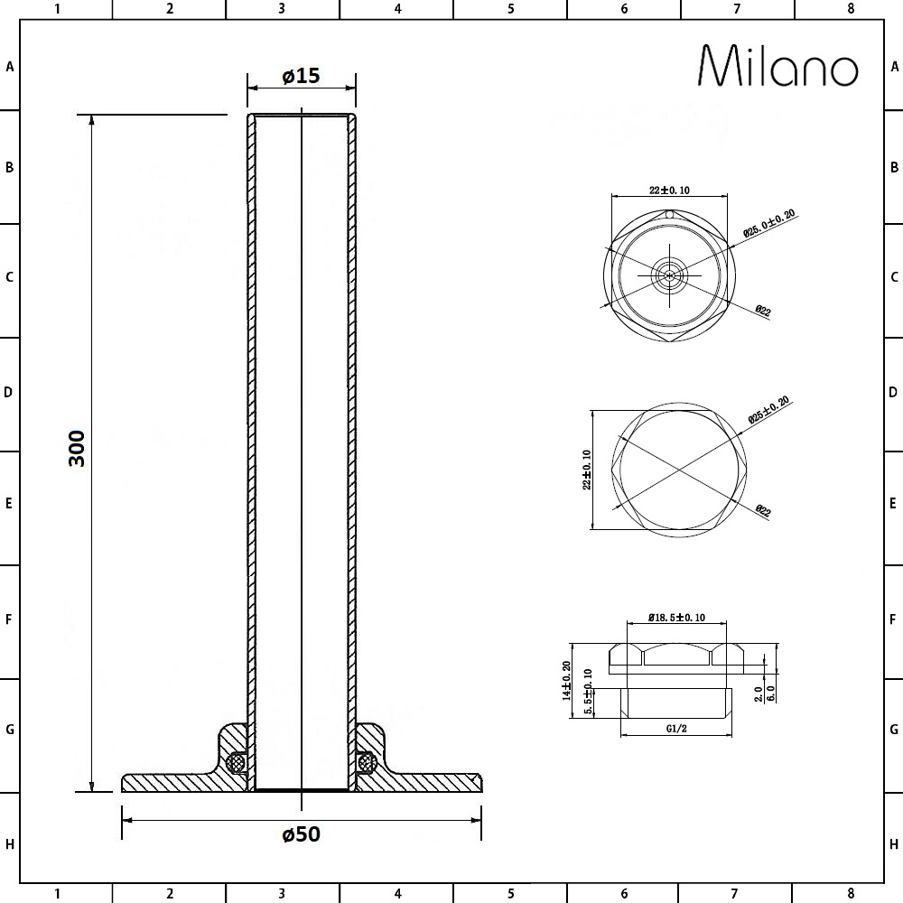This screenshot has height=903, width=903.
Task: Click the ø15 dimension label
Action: (x=302, y=76)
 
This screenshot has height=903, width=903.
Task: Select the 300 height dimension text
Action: (x=77, y=449)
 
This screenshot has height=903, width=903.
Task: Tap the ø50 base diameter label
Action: (x=302, y=833)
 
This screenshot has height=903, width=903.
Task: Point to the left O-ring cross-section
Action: (x=236, y=763)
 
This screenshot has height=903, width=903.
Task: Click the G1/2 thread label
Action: (x=676, y=729)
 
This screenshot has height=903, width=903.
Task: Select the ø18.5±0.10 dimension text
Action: (x=676, y=618)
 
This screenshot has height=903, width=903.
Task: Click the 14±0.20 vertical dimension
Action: (x=567, y=680)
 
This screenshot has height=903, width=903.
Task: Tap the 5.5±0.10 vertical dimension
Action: (x=588, y=691)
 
